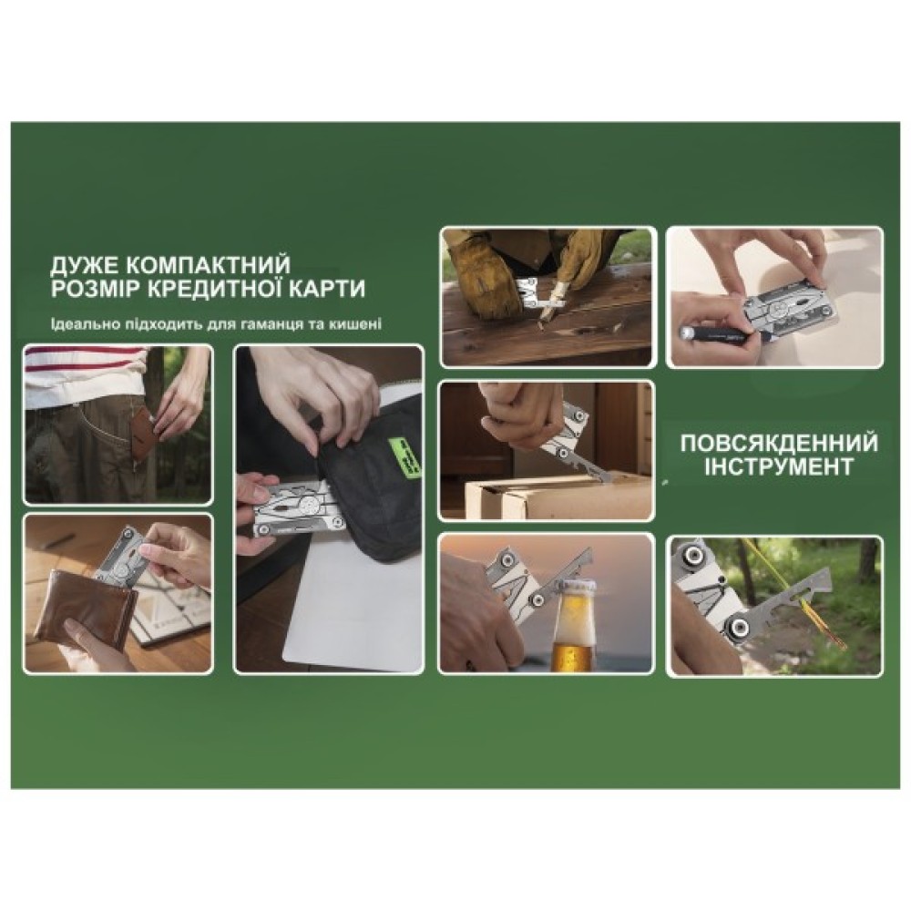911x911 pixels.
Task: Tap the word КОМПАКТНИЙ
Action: [x=208, y=265]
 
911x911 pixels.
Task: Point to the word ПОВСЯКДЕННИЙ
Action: [x=779, y=444]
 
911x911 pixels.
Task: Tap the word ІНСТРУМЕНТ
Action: [x=779, y=466]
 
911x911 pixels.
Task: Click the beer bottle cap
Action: [x=573, y=589]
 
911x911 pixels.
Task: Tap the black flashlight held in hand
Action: [x=721, y=336]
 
